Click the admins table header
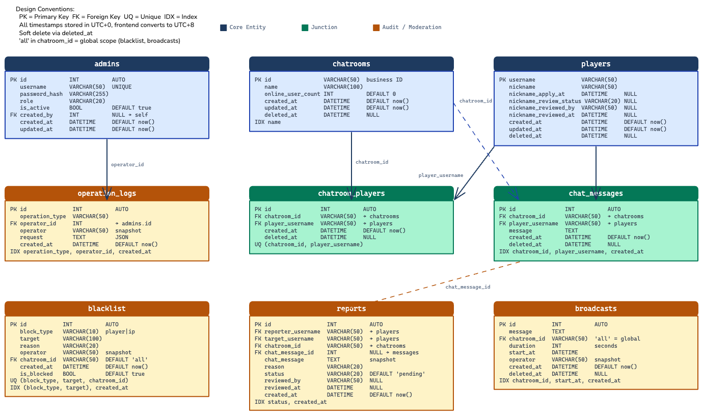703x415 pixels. (107, 64)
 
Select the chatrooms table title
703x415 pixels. (351, 64)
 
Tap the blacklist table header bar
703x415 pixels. (107, 308)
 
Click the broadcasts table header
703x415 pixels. (596, 308)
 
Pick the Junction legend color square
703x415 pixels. (305, 28)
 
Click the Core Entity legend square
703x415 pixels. (223, 28)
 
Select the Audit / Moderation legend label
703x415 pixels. (412, 28)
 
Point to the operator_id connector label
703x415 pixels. (127, 165)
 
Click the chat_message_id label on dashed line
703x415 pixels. (468, 287)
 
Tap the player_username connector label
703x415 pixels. (441, 175)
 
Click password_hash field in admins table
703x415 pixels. (41, 94)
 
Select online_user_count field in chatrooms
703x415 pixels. (292, 94)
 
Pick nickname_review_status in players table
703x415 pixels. (545, 101)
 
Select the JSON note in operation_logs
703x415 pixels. (122, 237)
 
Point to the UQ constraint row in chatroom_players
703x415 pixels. (309, 244)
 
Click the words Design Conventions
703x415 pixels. (45, 9)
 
